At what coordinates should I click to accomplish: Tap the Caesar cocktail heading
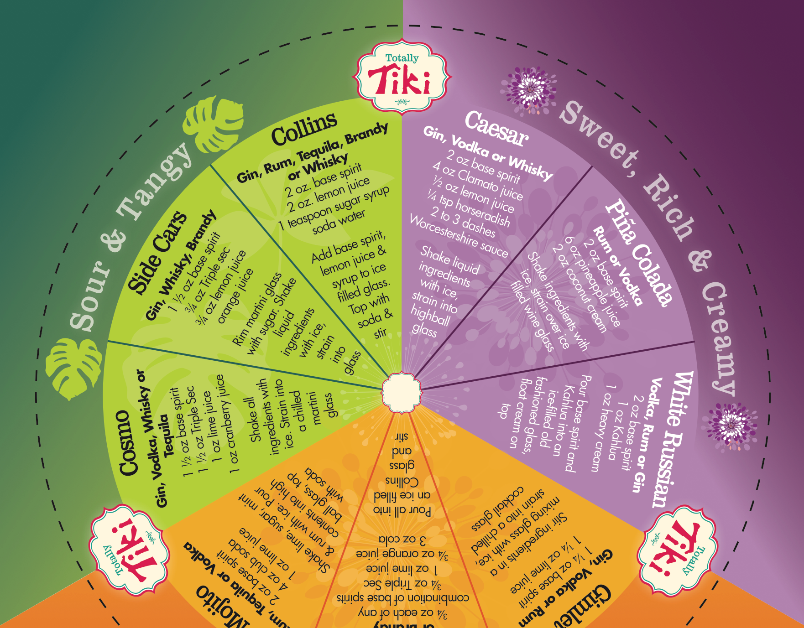pyautogui.click(x=496, y=130)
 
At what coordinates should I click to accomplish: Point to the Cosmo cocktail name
pyautogui.click(x=129, y=442)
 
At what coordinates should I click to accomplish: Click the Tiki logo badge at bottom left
pyautogui.click(x=129, y=550)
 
